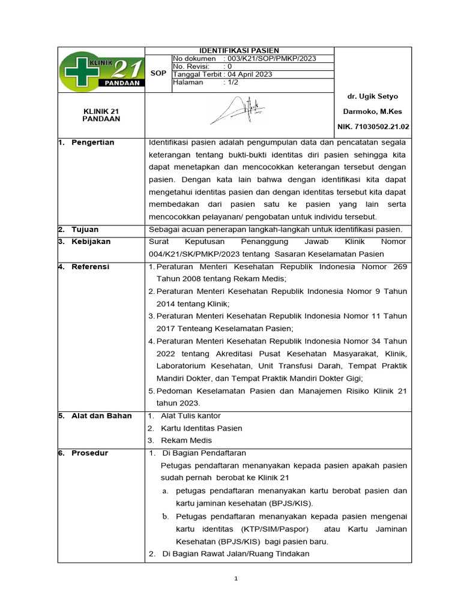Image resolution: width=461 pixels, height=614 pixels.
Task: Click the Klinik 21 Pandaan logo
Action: (x=101, y=70)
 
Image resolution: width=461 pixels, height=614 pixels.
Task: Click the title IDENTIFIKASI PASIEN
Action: (x=239, y=51)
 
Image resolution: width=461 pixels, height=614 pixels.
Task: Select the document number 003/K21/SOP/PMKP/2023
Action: (x=270, y=59)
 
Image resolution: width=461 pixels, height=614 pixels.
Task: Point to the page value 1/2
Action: (x=230, y=82)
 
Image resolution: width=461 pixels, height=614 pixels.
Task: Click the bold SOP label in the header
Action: (x=158, y=73)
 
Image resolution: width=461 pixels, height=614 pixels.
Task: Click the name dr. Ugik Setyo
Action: (x=372, y=96)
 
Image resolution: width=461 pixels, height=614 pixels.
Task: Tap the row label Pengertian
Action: (x=92, y=143)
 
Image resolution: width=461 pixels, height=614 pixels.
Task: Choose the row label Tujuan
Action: (x=85, y=230)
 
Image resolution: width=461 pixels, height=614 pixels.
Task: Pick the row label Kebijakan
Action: (x=91, y=242)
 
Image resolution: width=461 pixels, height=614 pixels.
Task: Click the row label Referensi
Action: (x=90, y=267)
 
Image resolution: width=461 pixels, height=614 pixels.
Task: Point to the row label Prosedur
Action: (x=89, y=453)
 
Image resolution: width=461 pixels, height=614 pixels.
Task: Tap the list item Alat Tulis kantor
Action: (x=191, y=416)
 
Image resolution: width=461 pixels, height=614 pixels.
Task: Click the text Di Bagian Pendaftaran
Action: (x=204, y=453)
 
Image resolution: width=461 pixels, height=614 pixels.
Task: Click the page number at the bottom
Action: (x=237, y=579)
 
